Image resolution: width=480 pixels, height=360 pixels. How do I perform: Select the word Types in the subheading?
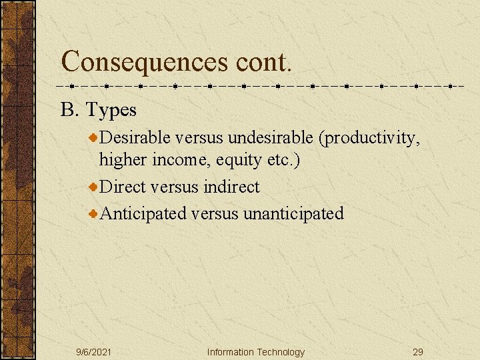coord(111,109)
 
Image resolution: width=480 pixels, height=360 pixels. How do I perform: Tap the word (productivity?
coord(369,137)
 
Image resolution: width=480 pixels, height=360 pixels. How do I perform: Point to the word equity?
coord(234,160)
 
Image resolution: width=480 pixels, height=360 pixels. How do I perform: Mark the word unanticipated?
coord(293,213)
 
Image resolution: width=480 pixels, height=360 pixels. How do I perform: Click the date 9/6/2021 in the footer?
coord(93,352)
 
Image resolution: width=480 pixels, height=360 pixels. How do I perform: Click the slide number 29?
coord(418,352)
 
